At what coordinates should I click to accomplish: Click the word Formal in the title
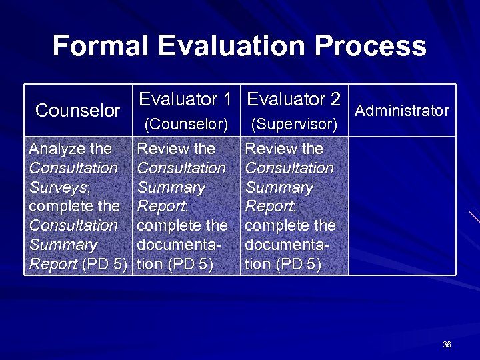click(101, 46)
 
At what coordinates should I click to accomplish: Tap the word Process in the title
click(371, 46)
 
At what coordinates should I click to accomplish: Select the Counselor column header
click(77, 111)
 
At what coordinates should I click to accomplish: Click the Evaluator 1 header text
click(185, 100)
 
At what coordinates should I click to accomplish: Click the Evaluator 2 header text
click(294, 100)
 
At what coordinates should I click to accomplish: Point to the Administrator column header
click(402, 111)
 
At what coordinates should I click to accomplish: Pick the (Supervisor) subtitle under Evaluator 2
click(294, 125)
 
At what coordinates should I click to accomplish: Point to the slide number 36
click(447, 345)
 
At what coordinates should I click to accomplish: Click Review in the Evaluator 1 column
click(159, 149)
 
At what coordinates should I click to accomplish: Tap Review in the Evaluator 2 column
click(267, 149)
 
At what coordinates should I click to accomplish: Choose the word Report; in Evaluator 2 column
click(270, 207)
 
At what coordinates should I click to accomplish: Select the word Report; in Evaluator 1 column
click(162, 207)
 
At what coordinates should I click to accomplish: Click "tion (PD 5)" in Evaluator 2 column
click(283, 265)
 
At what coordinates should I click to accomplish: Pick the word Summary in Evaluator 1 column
click(171, 187)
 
